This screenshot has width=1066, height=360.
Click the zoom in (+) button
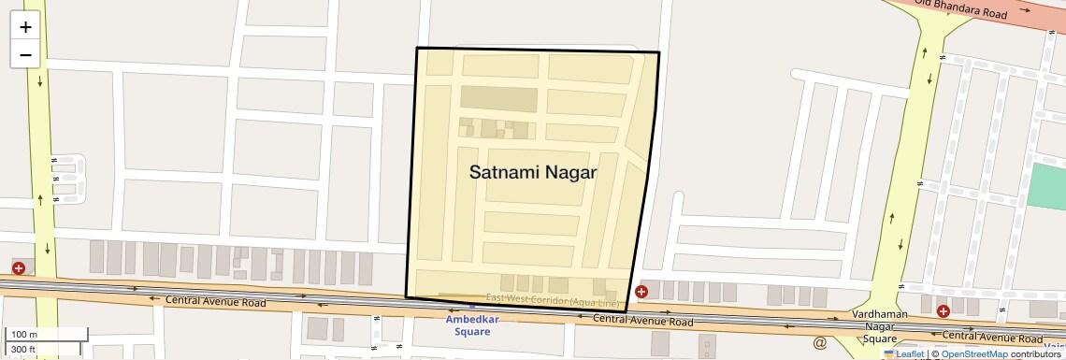pos(25,27)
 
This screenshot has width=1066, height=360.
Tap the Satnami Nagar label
pos(532,173)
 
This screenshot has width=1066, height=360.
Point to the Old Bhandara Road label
pos(973,8)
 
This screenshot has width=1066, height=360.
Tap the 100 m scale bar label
pos(23,335)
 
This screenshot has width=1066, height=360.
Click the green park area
pos(1046,186)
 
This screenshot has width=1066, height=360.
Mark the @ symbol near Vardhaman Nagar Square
pos(820,343)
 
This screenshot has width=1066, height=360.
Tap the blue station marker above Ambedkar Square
pos(471,305)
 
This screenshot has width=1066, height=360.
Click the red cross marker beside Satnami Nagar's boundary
pos(641,292)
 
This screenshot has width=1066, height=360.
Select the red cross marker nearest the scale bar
pos(19,268)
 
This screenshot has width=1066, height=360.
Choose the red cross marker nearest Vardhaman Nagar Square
pos(943,310)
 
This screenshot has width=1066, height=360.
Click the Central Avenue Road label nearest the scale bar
pos(215,301)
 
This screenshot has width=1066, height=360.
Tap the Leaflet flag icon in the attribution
pos(889,353)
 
